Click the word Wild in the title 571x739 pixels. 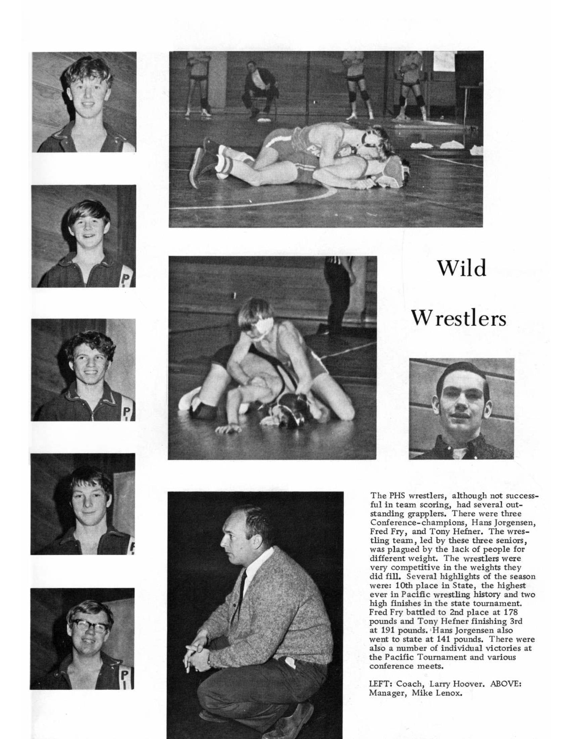click(x=462, y=268)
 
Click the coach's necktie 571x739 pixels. click(x=243, y=582)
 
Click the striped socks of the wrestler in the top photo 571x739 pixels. click(x=223, y=161)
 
